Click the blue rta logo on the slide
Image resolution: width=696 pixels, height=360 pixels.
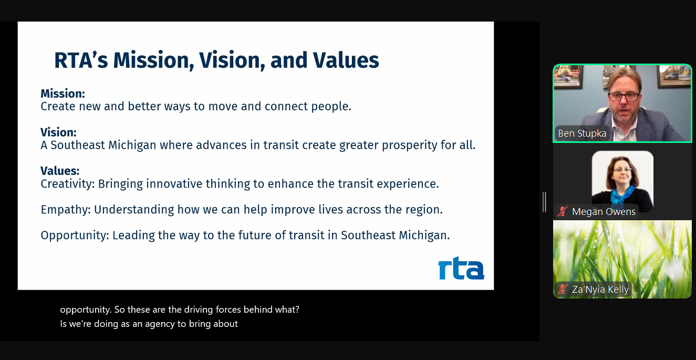pos(461,268)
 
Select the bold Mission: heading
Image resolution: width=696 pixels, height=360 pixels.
pos(63,94)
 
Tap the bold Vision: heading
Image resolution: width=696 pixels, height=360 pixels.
pos(58,132)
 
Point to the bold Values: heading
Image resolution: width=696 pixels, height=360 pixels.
pos(60,171)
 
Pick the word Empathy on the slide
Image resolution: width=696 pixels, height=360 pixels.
pos(65,210)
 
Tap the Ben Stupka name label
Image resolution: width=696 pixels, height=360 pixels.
pos(582,133)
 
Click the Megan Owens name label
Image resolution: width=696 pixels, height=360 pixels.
pos(604,212)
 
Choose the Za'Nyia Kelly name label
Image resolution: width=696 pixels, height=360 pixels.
pos(600,290)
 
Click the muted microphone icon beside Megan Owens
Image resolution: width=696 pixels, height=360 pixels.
pos(563,212)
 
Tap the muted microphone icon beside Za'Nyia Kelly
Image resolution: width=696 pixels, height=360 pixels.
pos(563,290)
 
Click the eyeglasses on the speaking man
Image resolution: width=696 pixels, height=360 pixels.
pos(624,96)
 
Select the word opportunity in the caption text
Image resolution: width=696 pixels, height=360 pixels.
pos(86,310)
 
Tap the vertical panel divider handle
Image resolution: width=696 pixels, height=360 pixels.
pos(544,202)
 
